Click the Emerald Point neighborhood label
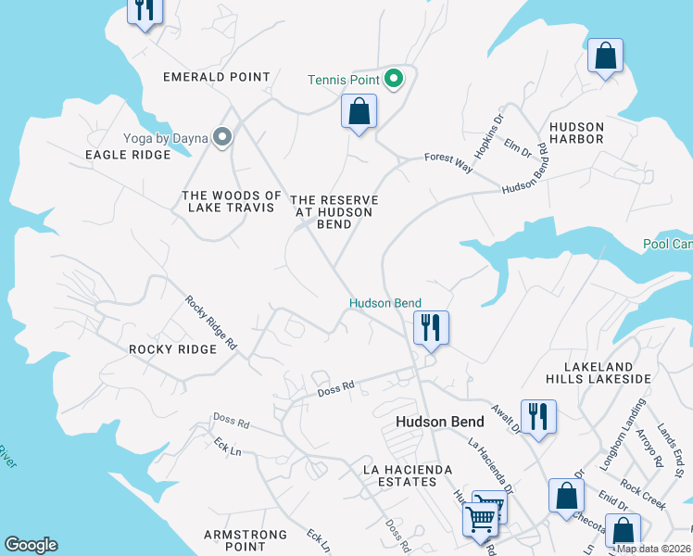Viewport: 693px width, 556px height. click(216, 77)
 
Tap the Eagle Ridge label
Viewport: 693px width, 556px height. click(128, 155)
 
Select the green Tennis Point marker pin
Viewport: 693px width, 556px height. click(393, 80)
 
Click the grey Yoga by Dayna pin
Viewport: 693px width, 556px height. click(221, 138)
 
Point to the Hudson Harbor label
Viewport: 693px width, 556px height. click(576, 133)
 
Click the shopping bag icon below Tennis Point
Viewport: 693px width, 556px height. click(359, 113)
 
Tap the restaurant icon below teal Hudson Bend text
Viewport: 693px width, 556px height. click(431, 328)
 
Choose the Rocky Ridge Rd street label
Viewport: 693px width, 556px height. click(211, 322)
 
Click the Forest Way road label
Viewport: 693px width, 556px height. click(448, 162)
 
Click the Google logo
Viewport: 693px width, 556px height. click(31, 545)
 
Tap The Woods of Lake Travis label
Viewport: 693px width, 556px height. click(232, 201)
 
